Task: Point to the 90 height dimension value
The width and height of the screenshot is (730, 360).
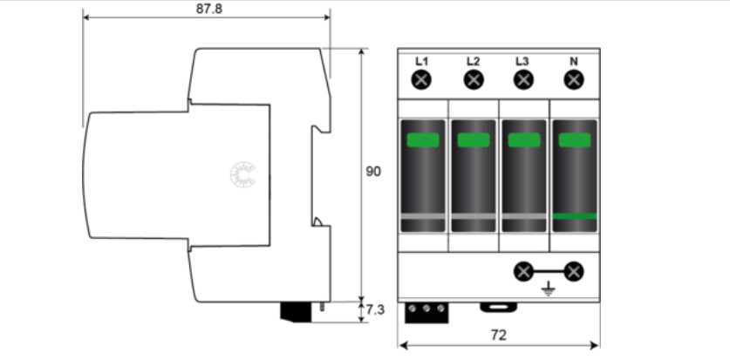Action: [373, 172]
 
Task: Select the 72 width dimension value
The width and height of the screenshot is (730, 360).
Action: [499, 335]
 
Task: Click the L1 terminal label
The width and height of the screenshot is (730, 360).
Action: [422, 61]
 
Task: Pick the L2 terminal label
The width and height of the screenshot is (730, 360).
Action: [473, 61]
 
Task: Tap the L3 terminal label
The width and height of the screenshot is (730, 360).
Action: [522, 61]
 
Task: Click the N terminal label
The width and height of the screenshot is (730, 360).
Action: [573, 61]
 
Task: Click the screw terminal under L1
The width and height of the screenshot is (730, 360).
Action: [422, 80]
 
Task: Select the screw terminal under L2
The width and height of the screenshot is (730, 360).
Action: [473, 80]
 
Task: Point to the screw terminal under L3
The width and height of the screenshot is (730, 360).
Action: [523, 80]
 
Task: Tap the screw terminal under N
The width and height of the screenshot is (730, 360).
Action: [574, 80]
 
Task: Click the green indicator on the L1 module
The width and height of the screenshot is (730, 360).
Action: [423, 139]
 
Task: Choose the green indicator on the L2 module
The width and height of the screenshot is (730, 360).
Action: [474, 139]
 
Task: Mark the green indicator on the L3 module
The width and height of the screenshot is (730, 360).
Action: [524, 139]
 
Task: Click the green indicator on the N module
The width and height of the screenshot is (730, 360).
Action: [575, 139]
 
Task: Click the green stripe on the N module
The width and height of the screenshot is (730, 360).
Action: [575, 215]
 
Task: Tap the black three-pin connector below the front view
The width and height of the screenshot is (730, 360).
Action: [426, 311]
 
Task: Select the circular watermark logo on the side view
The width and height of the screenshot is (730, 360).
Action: [238, 174]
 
